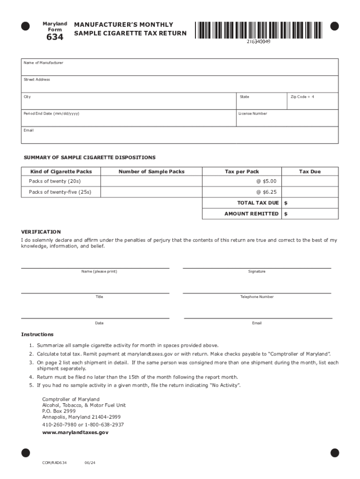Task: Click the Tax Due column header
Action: point(310,172)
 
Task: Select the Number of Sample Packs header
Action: point(151,172)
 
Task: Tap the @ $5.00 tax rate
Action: point(266,181)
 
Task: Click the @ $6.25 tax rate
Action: point(266,192)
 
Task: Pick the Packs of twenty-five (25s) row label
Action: point(60,192)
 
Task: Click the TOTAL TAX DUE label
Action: point(258,203)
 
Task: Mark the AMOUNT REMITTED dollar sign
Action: point(286,214)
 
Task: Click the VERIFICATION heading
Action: point(41,232)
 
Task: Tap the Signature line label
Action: point(257,272)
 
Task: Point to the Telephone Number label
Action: point(257,297)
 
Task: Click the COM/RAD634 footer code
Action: point(54,463)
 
